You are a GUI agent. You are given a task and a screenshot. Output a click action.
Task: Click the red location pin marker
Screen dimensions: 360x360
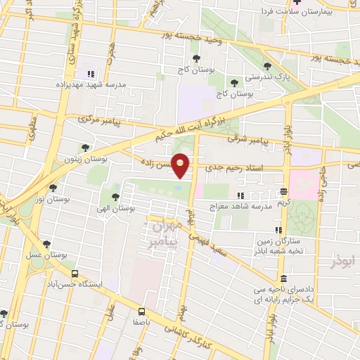pyautogui.click(x=181, y=165)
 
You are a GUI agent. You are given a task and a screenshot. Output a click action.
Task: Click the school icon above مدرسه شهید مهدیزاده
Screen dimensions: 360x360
pyautogui.click(x=90, y=74)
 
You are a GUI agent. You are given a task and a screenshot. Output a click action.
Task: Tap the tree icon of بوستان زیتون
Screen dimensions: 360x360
pyautogui.click(x=85, y=148)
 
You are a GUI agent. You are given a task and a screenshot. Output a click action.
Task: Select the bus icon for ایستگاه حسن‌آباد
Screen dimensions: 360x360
pyautogui.click(x=74, y=274)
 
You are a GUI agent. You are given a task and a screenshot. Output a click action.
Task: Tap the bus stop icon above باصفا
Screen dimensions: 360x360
pyautogui.click(x=142, y=311)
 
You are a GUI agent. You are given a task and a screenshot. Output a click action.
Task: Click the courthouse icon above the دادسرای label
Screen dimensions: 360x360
pyautogui.click(x=283, y=279)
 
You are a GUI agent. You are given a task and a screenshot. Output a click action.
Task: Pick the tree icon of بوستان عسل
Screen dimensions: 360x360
pyautogui.click(x=46, y=245)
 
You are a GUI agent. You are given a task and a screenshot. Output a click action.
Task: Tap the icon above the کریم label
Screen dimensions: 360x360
pyautogui.click(x=283, y=191)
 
